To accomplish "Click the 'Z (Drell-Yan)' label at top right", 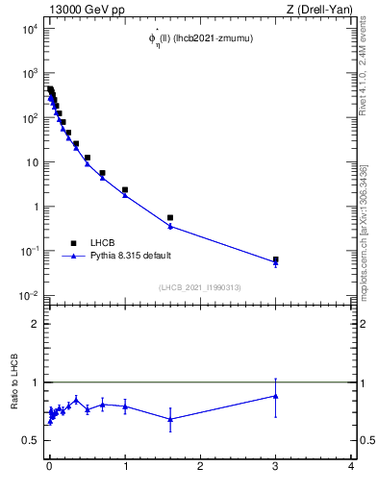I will point(320,9).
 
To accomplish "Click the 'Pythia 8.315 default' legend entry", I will point(125,257).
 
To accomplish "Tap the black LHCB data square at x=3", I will point(275,259).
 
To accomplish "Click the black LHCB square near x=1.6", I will point(170,218).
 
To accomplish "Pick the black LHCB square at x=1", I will point(125,190).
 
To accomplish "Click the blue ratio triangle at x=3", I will point(275,395).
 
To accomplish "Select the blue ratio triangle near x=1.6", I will point(170,418).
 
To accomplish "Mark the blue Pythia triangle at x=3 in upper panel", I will point(275,262).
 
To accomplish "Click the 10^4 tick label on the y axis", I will point(29,29).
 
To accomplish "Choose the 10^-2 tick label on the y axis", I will point(29,295).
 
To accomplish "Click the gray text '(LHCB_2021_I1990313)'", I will point(199,287).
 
